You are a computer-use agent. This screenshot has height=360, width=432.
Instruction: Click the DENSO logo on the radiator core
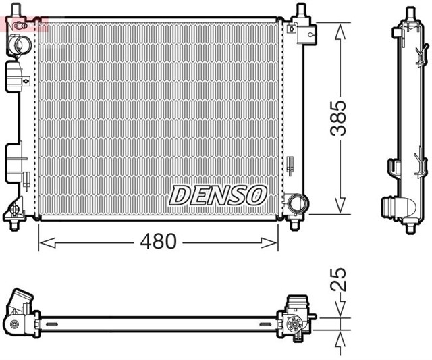click(218, 195)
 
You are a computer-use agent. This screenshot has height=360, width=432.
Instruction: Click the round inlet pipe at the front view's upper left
click(20, 46)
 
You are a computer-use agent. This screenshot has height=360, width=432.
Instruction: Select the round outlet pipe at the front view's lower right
click(296, 203)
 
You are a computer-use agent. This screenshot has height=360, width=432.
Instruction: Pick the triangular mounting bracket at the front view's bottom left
click(15, 215)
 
